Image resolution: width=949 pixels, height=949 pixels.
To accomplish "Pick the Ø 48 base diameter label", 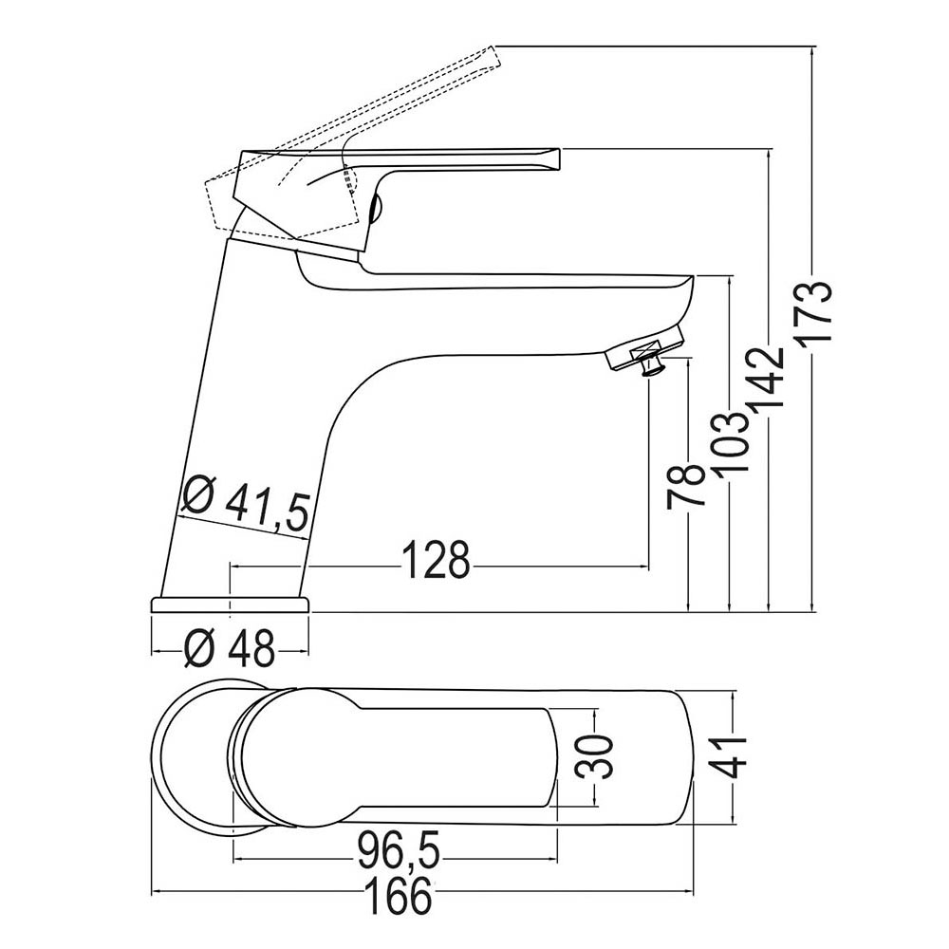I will [231, 650].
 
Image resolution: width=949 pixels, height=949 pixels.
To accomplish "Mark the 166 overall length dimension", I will [400, 895].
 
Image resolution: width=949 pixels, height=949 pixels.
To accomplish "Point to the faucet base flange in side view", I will [231, 605].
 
